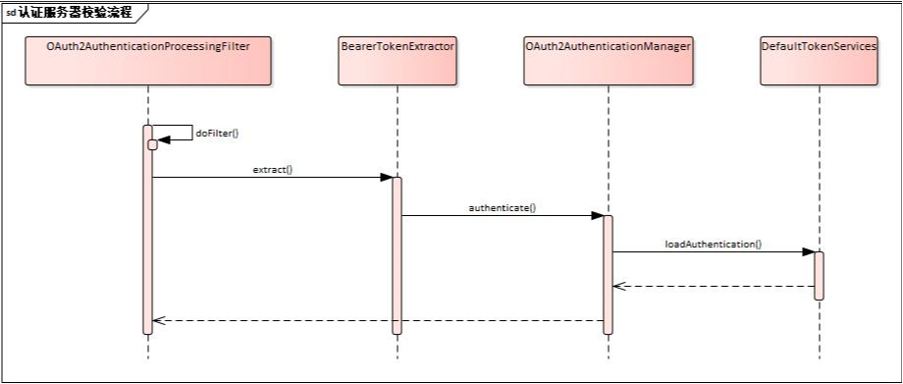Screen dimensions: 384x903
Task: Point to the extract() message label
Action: [272, 169]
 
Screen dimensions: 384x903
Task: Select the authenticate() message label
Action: [502, 208]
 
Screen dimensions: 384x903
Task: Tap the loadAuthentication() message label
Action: [713, 243]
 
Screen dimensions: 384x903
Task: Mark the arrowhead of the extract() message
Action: [386, 178]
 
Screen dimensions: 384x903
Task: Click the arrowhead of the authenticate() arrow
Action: [596, 216]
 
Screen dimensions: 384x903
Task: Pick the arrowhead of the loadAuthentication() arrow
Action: [807, 252]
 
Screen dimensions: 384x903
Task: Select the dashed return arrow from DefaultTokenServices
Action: [713, 287]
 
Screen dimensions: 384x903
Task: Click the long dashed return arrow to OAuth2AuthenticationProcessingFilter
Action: [378, 320]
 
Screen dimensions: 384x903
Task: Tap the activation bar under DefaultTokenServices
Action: [818, 275]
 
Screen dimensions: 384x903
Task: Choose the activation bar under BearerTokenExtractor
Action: [397, 255]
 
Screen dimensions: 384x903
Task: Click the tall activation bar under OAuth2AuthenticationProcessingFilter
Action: [147, 236]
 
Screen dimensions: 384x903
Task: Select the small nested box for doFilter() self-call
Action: [152, 145]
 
